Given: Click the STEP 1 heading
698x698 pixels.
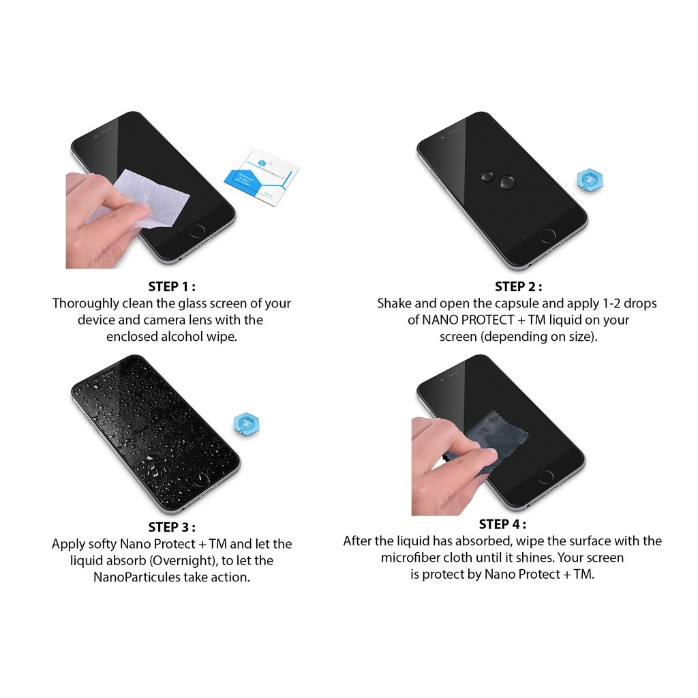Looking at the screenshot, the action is (x=172, y=286).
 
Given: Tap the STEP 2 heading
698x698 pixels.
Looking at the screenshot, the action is (x=519, y=287).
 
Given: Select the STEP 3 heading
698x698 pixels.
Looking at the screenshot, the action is (x=172, y=527).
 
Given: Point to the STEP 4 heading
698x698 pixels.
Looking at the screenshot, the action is (x=502, y=524).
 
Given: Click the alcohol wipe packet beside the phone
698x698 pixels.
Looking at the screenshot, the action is (x=262, y=176).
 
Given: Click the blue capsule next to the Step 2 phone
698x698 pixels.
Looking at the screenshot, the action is (x=590, y=180).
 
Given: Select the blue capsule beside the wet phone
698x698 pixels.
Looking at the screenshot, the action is (x=247, y=423).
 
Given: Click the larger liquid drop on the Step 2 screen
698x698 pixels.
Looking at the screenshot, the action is (x=507, y=181).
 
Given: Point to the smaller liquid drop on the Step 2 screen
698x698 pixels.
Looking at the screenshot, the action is (x=488, y=177).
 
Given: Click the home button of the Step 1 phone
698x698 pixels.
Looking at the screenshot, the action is (x=198, y=230).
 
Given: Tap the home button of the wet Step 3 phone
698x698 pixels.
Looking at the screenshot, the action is (x=201, y=479).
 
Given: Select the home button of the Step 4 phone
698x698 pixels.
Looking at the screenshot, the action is (x=546, y=477).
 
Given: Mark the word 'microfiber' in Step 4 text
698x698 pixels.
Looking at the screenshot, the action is (x=411, y=558).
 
